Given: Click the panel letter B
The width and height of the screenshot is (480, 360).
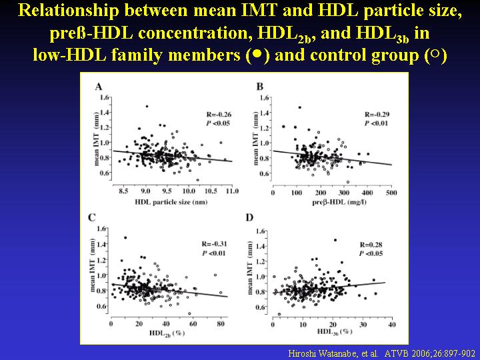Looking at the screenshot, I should [x=259, y=87].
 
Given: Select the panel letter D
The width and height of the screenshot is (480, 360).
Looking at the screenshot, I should [x=249, y=217].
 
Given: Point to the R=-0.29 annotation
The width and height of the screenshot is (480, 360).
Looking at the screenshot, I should [x=377, y=114].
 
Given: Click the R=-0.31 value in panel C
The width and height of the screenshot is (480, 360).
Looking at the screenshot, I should [x=218, y=243].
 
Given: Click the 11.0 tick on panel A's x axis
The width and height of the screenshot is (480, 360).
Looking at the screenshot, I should [x=233, y=192].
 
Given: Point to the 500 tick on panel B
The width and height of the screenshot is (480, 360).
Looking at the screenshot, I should [x=391, y=192].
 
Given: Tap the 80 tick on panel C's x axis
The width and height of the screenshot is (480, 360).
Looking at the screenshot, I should [x=221, y=324].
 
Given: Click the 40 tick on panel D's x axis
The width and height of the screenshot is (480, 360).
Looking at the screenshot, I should [x=391, y=325].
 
